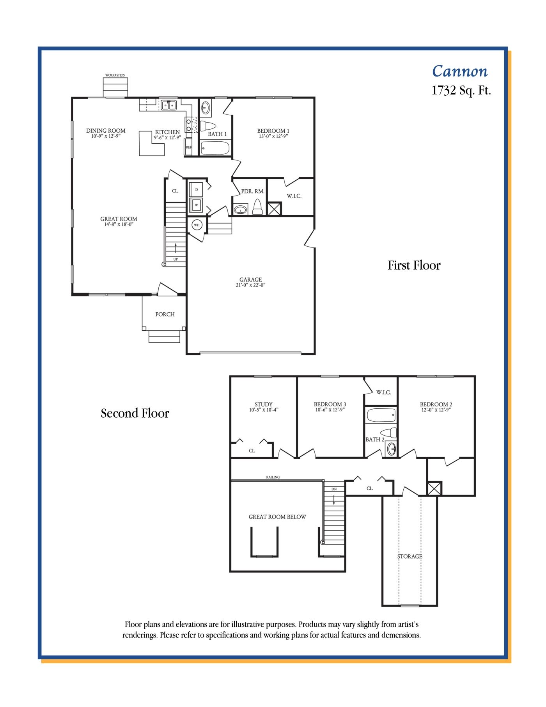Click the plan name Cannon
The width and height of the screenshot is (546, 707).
460,71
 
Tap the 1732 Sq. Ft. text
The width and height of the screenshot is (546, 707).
461,91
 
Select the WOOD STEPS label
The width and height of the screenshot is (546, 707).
115,75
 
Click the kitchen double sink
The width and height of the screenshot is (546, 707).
169,105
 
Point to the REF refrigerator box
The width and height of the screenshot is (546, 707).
189,147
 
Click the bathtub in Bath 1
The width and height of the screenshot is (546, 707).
215,148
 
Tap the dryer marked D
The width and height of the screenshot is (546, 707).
196,189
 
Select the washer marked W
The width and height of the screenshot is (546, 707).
196,205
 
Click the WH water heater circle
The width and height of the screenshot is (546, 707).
197,225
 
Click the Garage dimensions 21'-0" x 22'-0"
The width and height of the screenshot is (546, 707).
251,285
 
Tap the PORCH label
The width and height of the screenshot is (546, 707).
165,314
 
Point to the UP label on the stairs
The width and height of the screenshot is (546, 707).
175,259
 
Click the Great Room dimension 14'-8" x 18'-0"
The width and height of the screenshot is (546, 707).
119,224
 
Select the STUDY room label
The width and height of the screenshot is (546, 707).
264,404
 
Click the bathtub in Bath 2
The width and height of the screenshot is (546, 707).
381,415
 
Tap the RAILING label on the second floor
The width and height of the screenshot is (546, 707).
273,477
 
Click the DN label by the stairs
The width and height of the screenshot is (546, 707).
334,489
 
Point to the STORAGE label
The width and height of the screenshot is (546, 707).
409,556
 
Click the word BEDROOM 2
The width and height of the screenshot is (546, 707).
436,404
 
